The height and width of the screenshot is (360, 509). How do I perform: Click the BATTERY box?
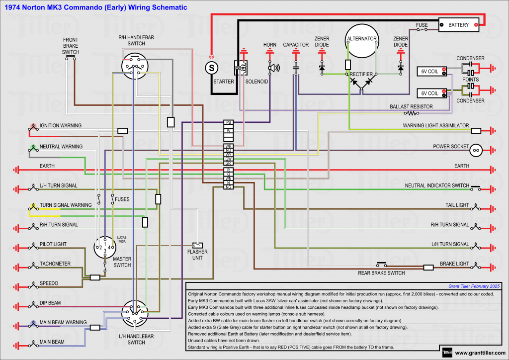click(x=458, y=25)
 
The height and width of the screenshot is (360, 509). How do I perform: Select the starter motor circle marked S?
click(x=211, y=67)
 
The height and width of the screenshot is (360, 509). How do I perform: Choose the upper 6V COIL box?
click(x=430, y=72)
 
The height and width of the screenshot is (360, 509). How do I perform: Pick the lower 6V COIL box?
click(x=430, y=93)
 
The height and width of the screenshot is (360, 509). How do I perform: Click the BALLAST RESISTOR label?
click(x=411, y=106)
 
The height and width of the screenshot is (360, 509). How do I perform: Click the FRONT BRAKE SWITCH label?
click(x=71, y=46)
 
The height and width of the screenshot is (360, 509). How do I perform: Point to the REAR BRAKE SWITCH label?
click(x=381, y=273)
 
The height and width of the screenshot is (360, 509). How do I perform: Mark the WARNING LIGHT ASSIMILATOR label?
click(x=435, y=126)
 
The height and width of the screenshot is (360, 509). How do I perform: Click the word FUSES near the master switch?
click(x=122, y=199)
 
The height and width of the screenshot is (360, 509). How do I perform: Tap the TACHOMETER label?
click(x=55, y=264)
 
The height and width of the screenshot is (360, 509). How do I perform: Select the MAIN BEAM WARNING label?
click(x=63, y=322)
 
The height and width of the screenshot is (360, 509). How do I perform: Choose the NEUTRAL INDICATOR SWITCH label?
click(x=437, y=185)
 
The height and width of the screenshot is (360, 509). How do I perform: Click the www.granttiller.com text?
click(x=479, y=353)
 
